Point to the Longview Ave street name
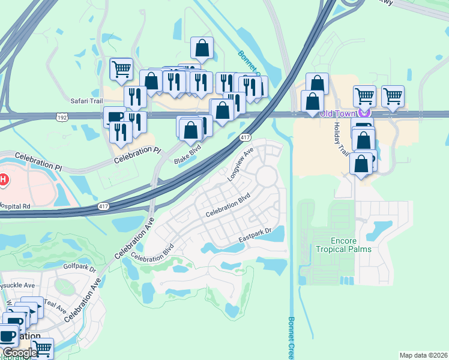tap(241, 164)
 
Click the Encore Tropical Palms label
tap(343, 245)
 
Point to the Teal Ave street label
tap(55, 305)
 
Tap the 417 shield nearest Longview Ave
tap(244, 137)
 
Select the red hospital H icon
tap(4, 179)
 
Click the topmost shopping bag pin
tap(202, 49)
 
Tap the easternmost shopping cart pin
tap(393, 95)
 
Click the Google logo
tap(19, 353)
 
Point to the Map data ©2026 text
tap(423, 355)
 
